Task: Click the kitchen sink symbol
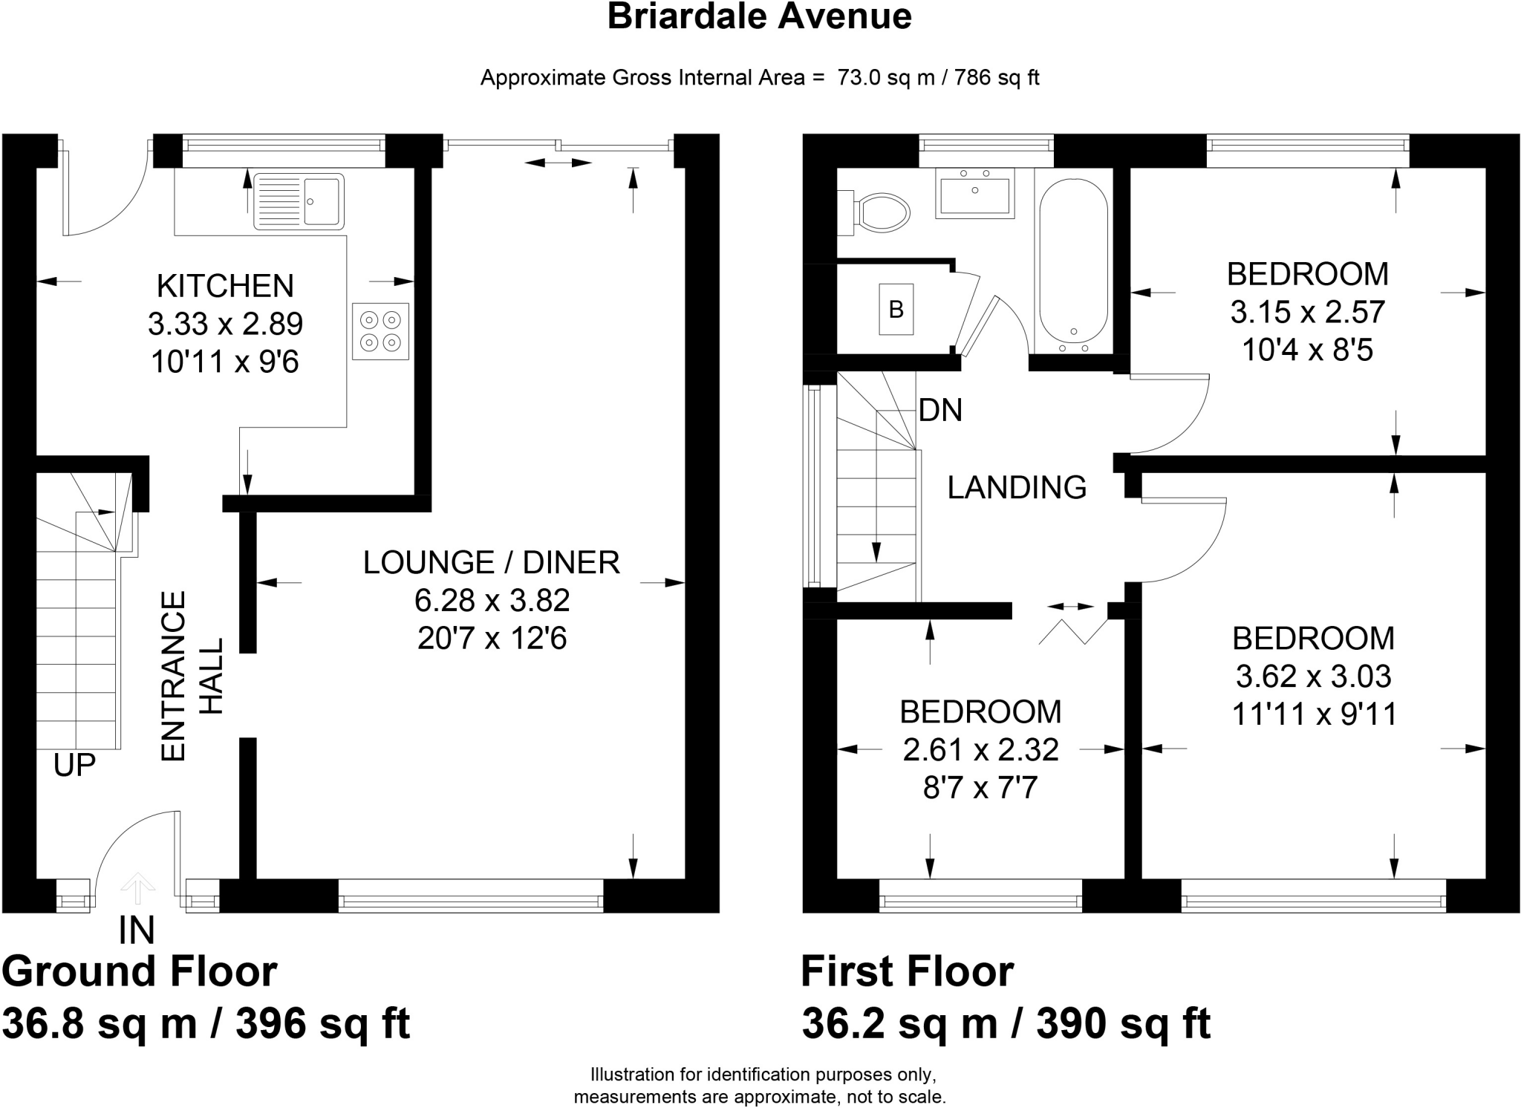tap(299, 201)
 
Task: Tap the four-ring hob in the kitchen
tap(380, 331)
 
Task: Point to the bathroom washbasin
tap(974, 193)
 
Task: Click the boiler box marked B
tap(896, 309)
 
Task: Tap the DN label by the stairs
tap(940, 410)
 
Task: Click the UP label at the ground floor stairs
tap(74, 764)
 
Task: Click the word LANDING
tap(1017, 487)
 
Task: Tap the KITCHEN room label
tap(225, 286)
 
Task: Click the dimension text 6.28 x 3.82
tap(492, 600)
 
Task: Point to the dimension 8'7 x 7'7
tap(980, 788)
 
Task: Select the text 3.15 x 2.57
tap(1307, 312)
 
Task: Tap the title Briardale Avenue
tap(759, 16)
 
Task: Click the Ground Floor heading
tap(140, 971)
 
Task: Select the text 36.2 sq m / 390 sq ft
tap(1006, 1023)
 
